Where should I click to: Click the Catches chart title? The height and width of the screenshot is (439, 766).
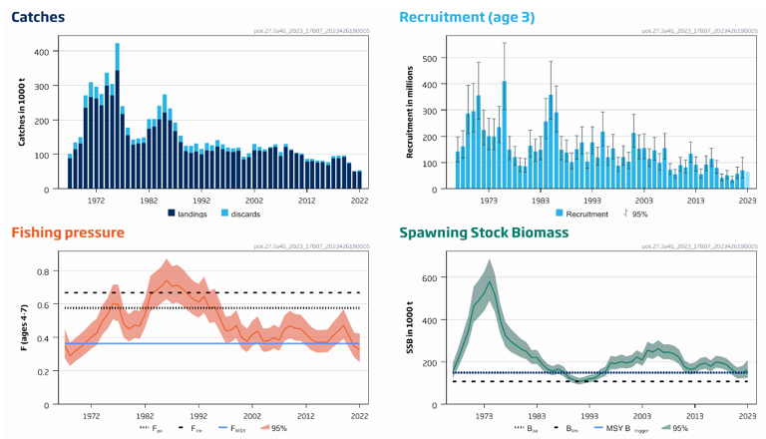(38, 17)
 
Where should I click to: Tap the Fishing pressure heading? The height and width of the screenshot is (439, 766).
(68, 232)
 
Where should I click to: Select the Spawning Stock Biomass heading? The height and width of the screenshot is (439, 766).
(484, 232)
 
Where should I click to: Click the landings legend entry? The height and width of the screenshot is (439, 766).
(190, 214)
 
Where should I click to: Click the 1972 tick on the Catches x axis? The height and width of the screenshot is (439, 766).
(96, 200)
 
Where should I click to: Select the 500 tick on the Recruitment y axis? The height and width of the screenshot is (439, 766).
(430, 58)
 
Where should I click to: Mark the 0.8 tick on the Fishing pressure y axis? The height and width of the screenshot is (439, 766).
(42, 271)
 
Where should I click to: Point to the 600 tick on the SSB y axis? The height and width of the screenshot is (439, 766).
(430, 277)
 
